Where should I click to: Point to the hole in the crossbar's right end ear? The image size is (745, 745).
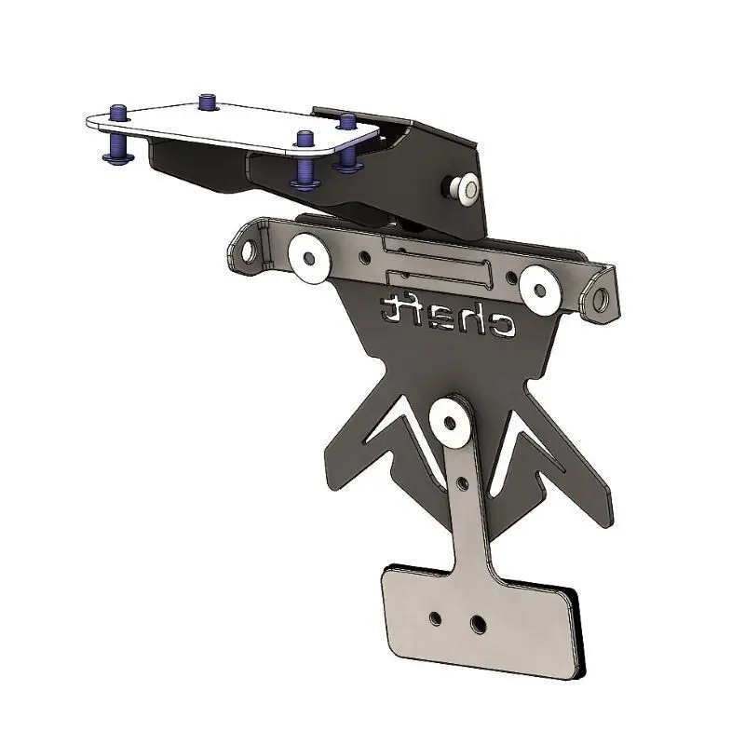pos(601,299)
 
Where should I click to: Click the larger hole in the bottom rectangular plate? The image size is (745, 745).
pos(479,622)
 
